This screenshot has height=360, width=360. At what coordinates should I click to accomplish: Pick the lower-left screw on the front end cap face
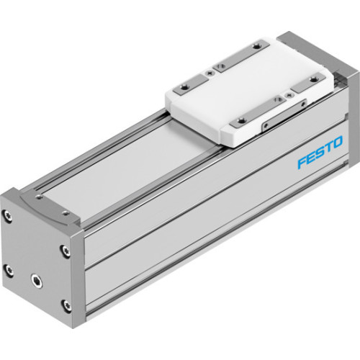(9, 271)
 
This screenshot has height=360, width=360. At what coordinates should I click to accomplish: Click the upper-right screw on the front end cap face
(66, 251)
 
